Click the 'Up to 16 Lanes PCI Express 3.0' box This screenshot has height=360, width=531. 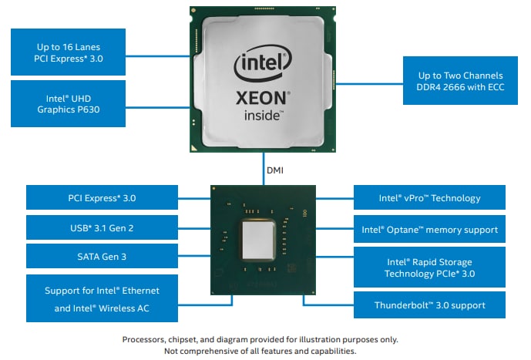tap(67, 52)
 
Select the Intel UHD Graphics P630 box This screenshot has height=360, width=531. tap(67, 103)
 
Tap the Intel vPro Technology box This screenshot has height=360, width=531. tap(429, 198)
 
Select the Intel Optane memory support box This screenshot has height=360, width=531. tap(429, 229)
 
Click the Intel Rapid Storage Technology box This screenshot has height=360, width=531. tap(429, 267)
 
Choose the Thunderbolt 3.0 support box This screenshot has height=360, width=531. tap(429, 304)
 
